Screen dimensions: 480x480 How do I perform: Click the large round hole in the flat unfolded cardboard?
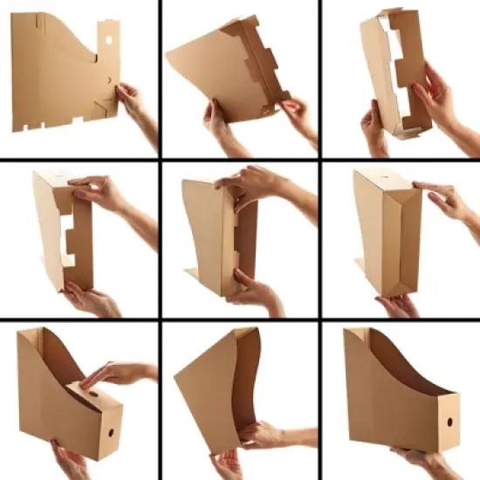click(x=106, y=40)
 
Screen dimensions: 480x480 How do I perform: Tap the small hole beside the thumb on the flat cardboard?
click(x=109, y=79)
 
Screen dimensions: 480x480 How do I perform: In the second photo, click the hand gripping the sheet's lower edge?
click(x=218, y=122)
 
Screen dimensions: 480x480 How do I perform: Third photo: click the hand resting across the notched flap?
click(x=435, y=96)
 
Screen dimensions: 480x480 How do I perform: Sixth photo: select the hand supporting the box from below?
click(x=397, y=305)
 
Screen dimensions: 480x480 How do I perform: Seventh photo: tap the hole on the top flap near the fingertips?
click(x=92, y=393)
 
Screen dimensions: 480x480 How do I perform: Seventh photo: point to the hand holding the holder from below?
click(x=70, y=460)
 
